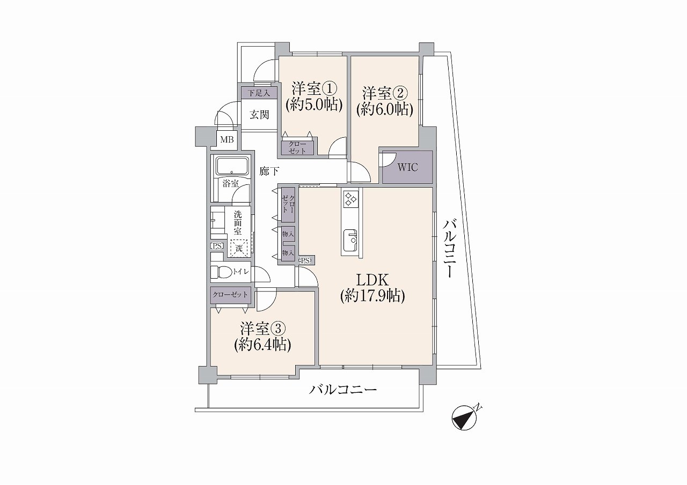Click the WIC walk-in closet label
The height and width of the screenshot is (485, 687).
point(407,168)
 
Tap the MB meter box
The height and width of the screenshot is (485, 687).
point(227,140)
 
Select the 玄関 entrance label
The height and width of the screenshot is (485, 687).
point(259,115)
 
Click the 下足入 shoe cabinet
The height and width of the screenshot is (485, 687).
point(259,93)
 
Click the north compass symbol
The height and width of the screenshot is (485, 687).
point(465,418)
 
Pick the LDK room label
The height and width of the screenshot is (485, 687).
point(372,280)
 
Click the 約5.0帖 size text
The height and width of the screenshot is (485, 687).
point(314,106)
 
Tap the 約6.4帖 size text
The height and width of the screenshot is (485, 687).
point(262,345)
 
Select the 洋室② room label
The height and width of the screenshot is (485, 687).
point(385,93)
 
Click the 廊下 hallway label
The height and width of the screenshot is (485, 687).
point(269,171)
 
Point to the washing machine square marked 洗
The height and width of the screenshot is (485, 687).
point(238,248)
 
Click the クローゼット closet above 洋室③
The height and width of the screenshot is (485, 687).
point(231,295)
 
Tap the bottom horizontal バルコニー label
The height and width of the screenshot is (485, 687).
point(342,390)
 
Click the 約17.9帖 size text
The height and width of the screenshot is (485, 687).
point(372,296)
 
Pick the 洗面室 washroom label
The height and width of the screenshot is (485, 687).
point(238,222)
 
